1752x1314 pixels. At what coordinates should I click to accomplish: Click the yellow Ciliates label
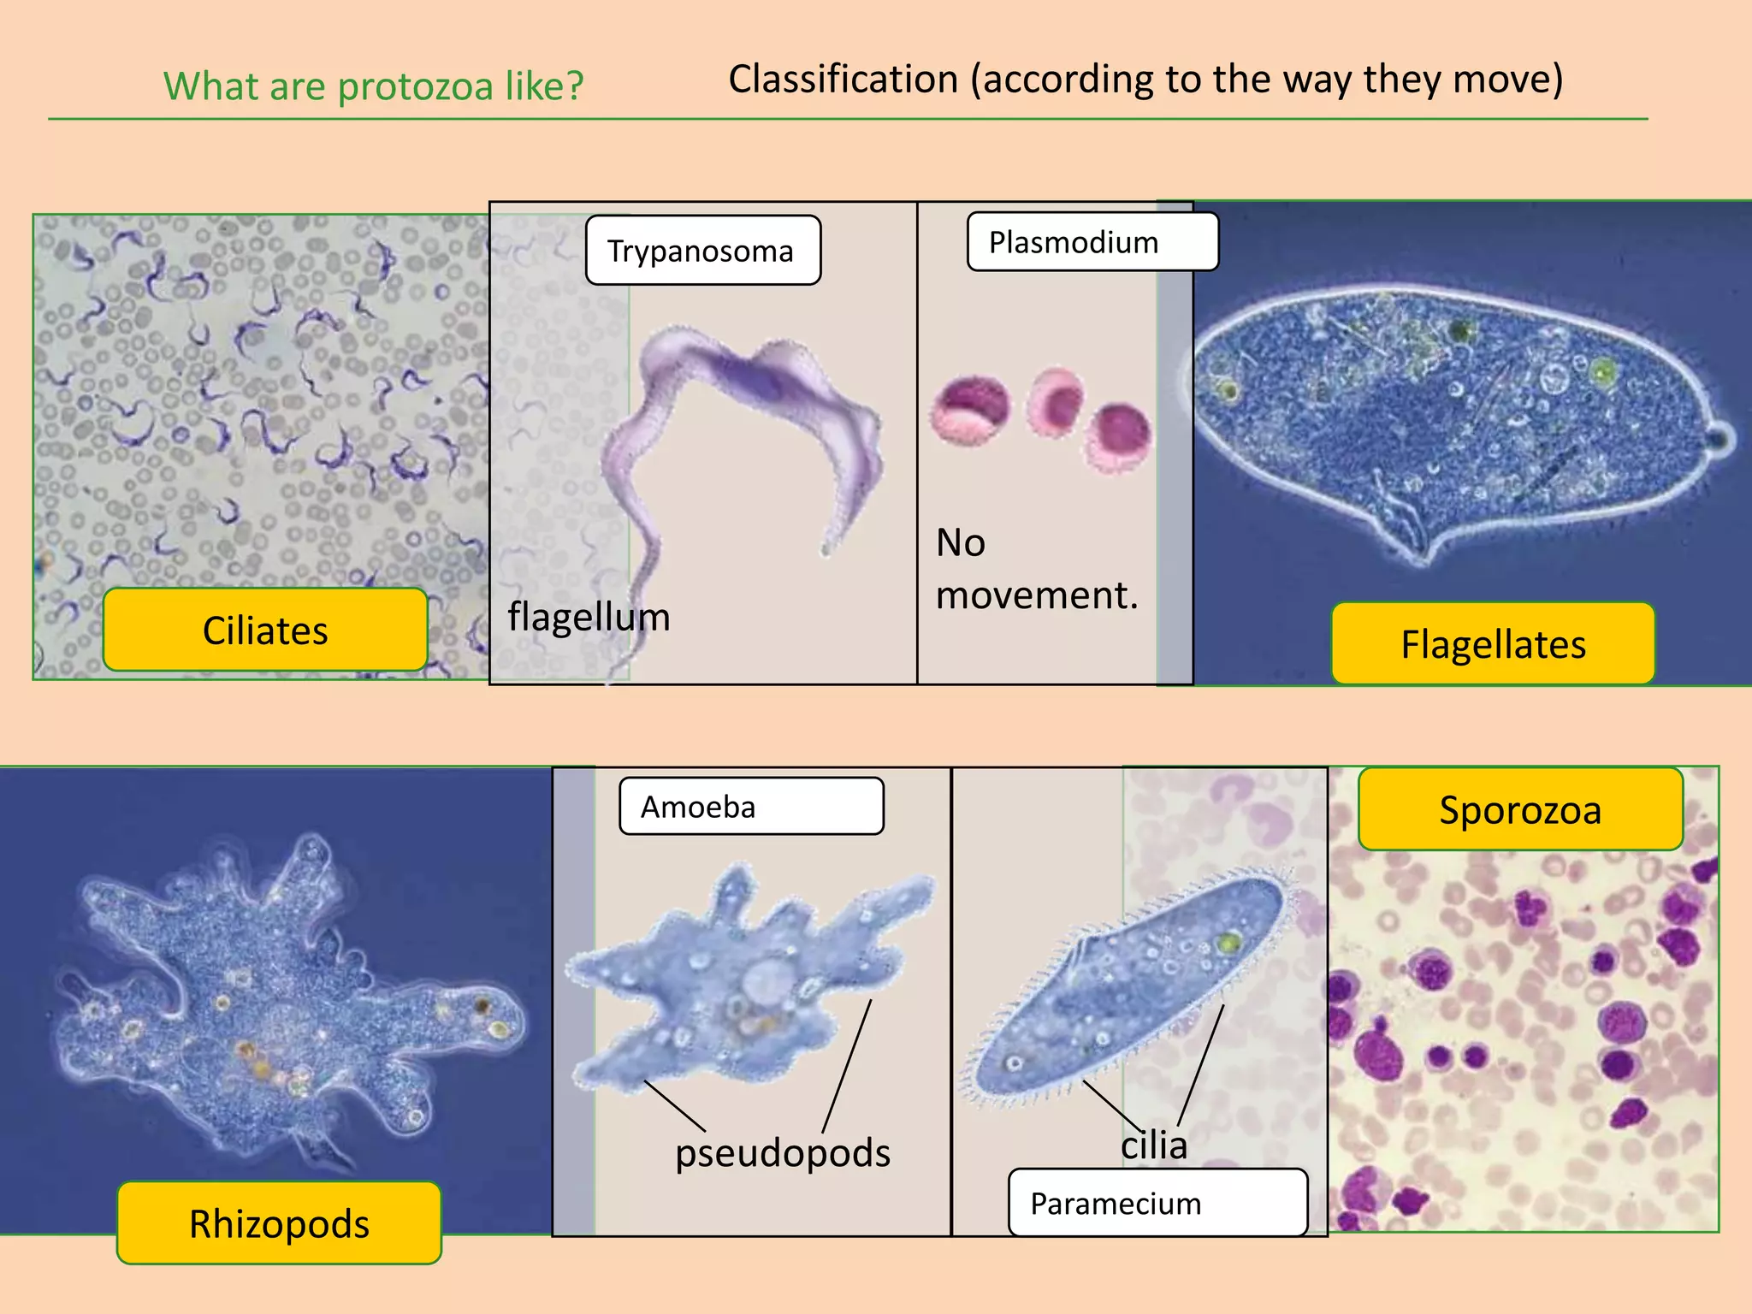(265, 630)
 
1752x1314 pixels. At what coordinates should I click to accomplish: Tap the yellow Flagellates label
(1493, 644)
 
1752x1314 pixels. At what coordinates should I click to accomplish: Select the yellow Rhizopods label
(279, 1223)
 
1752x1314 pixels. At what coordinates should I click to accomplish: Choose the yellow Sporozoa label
(1520, 809)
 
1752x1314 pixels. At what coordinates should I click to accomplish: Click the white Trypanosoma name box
(702, 251)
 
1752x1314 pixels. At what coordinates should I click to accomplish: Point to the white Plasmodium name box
(1092, 242)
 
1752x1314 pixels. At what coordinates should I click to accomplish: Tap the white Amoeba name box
(750, 806)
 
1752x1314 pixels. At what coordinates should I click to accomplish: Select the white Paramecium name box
(1157, 1203)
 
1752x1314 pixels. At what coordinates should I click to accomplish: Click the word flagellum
(589, 617)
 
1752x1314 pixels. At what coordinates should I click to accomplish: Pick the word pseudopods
(782, 1152)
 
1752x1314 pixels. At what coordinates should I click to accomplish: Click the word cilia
(1154, 1145)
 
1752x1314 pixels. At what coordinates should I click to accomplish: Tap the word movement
(1036, 595)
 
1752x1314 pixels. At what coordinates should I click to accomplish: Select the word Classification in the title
(843, 79)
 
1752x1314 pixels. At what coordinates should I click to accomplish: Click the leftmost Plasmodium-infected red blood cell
(971, 410)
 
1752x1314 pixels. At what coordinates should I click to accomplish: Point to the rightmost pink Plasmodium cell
(1118, 437)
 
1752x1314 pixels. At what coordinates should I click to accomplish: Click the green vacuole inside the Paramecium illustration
(1228, 944)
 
